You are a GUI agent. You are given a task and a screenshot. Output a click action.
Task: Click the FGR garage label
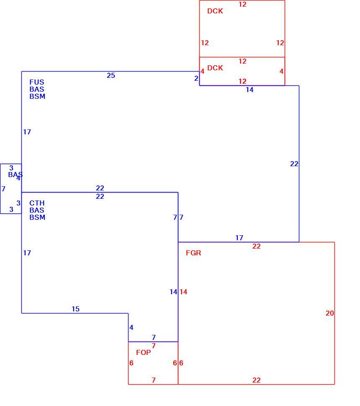tap(193, 253)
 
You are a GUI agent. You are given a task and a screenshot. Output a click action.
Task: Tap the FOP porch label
tap(143, 352)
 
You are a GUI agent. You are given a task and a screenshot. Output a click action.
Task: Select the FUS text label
tap(37, 82)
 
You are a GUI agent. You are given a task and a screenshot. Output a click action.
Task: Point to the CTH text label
tap(37, 203)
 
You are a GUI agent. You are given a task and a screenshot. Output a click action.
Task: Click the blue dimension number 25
tap(111, 75)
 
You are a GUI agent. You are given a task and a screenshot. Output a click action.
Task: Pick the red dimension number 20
tap(330, 313)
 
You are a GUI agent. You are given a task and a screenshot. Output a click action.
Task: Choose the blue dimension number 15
tap(75, 309)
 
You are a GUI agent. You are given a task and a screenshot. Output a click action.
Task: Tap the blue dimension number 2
tap(196, 78)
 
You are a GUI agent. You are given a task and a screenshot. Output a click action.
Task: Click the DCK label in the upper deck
tap(215, 11)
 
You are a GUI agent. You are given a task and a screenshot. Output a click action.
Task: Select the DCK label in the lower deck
tap(215, 68)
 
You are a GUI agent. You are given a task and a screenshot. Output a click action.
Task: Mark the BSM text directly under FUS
tap(37, 96)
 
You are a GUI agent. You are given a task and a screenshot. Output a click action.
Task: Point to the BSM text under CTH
tap(37, 217)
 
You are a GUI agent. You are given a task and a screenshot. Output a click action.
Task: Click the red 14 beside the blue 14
tap(183, 292)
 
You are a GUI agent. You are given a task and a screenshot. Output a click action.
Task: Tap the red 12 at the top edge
tap(242, 4)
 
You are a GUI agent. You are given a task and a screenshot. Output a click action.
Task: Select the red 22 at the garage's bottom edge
tap(257, 380)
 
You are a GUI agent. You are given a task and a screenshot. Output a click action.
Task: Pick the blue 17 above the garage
tap(239, 238)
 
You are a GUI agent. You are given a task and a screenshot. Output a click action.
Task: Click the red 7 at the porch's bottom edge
tap(154, 380)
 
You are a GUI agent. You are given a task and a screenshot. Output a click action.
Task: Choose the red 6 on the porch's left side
tap(131, 363)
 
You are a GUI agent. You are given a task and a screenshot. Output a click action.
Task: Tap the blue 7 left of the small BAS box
tap(3, 189)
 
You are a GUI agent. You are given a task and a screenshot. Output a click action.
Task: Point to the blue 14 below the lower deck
tap(249, 90)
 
